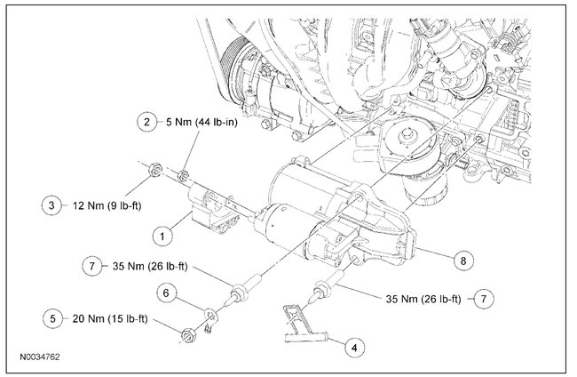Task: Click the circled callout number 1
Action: (162, 236)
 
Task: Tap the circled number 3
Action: (52, 206)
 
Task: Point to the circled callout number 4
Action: (354, 347)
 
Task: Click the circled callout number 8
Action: (462, 261)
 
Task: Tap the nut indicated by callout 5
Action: (188, 335)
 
